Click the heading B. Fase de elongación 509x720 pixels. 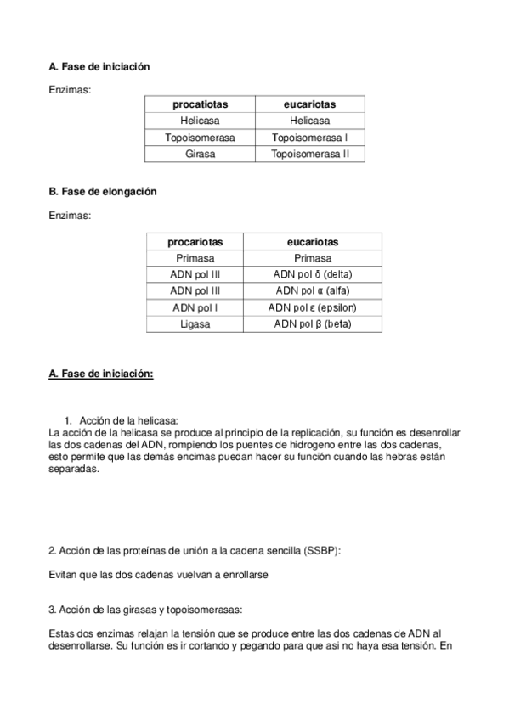(x=103, y=192)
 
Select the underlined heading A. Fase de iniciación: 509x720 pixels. (x=101, y=373)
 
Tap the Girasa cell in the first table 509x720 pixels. (x=201, y=154)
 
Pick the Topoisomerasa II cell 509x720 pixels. (x=310, y=154)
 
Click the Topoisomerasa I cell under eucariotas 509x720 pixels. (x=310, y=137)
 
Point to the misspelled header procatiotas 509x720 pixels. (x=201, y=104)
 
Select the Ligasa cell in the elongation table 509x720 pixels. (x=195, y=323)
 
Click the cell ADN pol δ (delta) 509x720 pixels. (x=313, y=274)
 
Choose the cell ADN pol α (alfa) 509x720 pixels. (x=313, y=290)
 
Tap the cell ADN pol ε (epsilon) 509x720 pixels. (x=313, y=307)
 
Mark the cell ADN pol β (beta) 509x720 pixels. (x=313, y=323)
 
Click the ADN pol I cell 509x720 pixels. (x=195, y=307)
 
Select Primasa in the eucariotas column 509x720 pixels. (x=313, y=258)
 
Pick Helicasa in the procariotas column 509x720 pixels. (x=201, y=121)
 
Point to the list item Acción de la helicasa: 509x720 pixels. (x=128, y=420)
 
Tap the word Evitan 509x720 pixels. (x=64, y=575)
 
